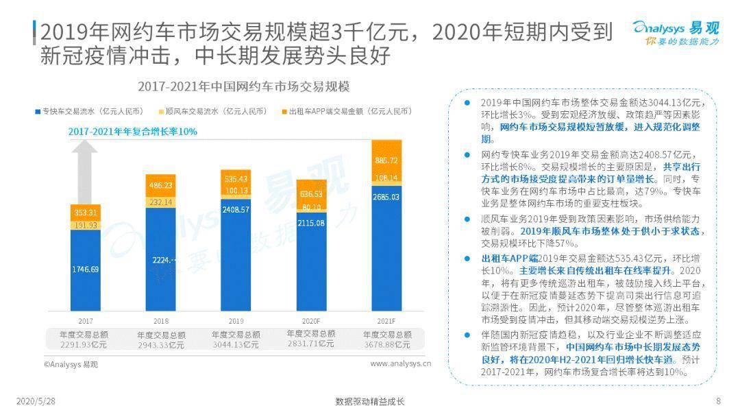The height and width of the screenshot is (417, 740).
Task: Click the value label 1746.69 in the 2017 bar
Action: pyautogui.click(x=86, y=270)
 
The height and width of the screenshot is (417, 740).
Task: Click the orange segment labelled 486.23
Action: pyautogui.click(x=161, y=185)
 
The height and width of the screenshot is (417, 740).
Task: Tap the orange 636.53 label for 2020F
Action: pyautogui.click(x=312, y=193)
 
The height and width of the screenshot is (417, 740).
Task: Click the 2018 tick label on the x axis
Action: pyautogui.click(x=161, y=320)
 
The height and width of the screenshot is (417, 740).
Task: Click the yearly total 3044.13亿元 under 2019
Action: pyautogui.click(x=236, y=344)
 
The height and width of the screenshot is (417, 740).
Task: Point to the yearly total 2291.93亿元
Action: pyautogui.click(x=85, y=344)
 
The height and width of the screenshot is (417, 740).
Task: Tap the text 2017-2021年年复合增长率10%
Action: pyautogui.click(x=132, y=131)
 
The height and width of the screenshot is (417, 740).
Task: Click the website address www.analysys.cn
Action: pyautogui.click(x=401, y=364)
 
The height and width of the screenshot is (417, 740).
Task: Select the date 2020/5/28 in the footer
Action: pyautogui.click(x=35, y=401)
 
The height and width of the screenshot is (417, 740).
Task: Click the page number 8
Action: pyautogui.click(x=718, y=401)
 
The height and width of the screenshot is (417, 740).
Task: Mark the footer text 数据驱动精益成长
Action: pyautogui.click(x=370, y=401)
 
